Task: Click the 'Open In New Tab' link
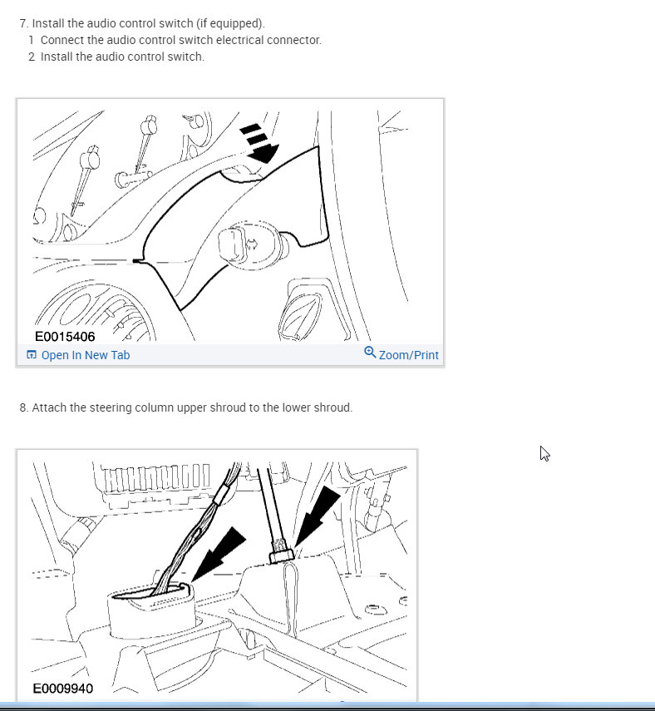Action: coord(85,355)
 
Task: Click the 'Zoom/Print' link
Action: coord(408,355)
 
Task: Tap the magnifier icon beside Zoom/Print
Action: coord(370,353)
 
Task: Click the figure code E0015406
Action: coord(65,337)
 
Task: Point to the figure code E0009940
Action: coord(63,689)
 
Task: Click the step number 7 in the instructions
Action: coord(22,23)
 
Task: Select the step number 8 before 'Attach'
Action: coord(22,407)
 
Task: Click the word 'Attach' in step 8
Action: coord(48,407)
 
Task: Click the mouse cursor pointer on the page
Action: coord(544,453)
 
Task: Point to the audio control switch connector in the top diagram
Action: coord(233,244)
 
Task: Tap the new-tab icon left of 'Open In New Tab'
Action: coord(31,355)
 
